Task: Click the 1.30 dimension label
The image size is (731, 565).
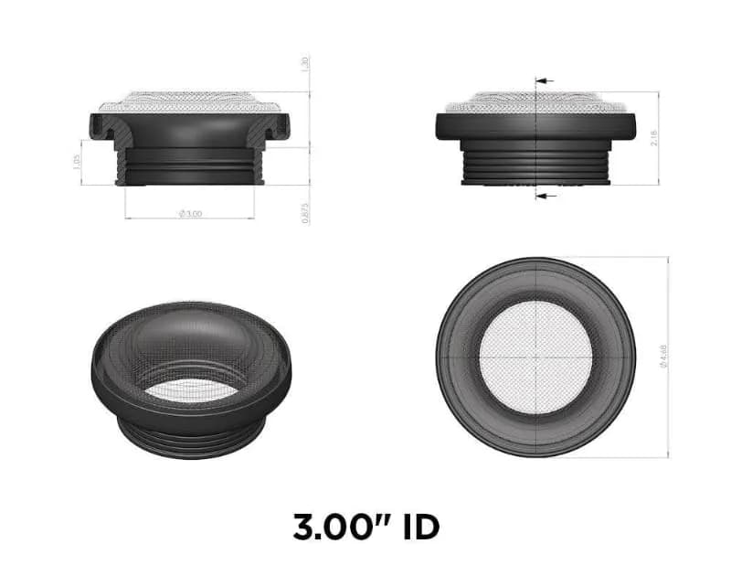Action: [x=303, y=65]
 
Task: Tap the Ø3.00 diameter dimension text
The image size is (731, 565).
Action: [x=190, y=213]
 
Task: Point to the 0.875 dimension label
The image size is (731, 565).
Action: [x=303, y=213]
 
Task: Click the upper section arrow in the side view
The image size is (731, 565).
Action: [x=545, y=81]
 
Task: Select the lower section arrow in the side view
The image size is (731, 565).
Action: [x=545, y=196]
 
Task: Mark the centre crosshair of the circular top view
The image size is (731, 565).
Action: [x=536, y=357]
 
